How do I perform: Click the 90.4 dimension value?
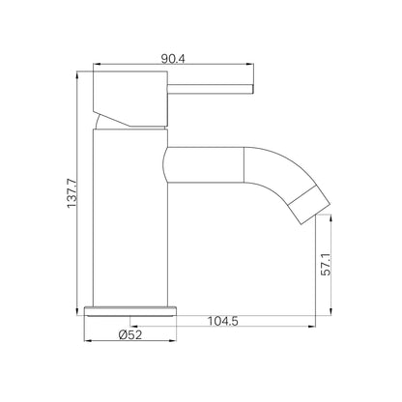click(173, 59)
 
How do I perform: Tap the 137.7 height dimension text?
click(72, 193)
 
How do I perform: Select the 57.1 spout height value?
click(326, 265)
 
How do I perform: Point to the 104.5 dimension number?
click(222, 321)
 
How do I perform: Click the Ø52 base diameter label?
click(130, 334)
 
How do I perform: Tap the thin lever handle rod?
click(211, 89)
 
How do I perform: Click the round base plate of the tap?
click(130, 311)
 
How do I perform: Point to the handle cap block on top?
click(130, 99)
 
